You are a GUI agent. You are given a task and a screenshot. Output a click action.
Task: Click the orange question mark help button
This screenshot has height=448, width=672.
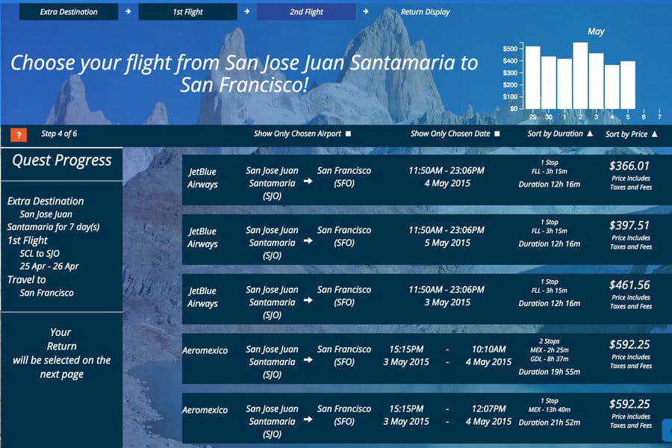pyautogui.click(x=19, y=134)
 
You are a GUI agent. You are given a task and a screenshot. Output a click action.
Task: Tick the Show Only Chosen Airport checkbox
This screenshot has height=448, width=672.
pyautogui.click(x=349, y=134)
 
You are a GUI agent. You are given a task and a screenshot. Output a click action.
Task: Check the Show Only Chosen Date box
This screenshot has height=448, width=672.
pyautogui.click(x=497, y=134)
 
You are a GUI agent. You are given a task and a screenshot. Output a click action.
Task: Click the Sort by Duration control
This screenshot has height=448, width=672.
pyautogui.click(x=560, y=134)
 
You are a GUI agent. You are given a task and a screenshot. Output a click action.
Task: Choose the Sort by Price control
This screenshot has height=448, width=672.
pyautogui.click(x=631, y=134)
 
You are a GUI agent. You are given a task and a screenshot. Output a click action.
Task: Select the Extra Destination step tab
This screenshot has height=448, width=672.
pyautogui.click(x=69, y=12)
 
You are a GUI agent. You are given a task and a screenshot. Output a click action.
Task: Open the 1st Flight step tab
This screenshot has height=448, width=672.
pyautogui.click(x=187, y=12)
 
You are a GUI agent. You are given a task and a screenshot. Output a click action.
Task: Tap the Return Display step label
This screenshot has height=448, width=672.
pyautogui.click(x=425, y=12)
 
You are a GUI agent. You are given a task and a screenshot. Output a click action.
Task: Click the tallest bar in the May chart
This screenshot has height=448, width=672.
pyautogui.click(x=580, y=75)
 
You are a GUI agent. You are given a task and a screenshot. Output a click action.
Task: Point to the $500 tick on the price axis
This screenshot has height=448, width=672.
pyautogui.click(x=511, y=49)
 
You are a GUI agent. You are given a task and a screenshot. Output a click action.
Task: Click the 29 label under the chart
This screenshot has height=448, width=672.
pyautogui.click(x=532, y=116)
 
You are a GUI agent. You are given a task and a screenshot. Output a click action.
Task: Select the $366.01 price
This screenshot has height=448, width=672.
pyautogui.click(x=629, y=166)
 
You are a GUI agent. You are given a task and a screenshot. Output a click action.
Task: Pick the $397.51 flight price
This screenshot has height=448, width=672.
pyautogui.click(x=629, y=225)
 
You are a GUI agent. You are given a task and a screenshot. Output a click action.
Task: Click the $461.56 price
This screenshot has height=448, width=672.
pyautogui.click(x=629, y=285)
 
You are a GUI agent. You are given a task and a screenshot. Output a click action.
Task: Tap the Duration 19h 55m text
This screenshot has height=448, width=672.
pyautogui.click(x=550, y=372)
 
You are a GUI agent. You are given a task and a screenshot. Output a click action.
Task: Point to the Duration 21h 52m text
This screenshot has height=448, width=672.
pyautogui.click(x=550, y=423)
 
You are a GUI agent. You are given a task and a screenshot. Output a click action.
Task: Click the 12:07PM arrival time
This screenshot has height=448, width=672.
pyautogui.click(x=488, y=408)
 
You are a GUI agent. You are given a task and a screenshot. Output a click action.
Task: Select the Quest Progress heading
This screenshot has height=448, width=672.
pyautogui.click(x=62, y=161)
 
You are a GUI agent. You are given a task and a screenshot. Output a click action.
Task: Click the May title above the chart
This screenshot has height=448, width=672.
pyautogui.click(x=596, y=31)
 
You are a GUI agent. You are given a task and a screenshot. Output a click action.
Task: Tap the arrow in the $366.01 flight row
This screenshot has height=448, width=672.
pyautogui.click(x=308, y=181)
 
